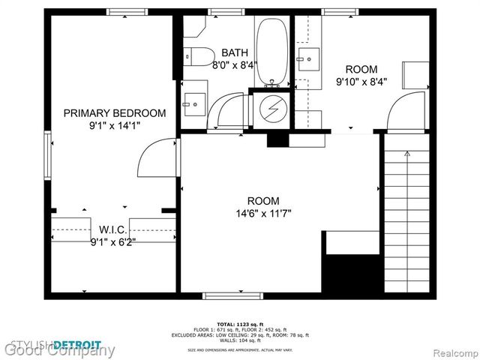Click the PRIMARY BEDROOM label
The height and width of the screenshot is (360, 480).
click(x=114, y=113)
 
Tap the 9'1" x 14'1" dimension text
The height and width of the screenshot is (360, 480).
click(x=114, y=126)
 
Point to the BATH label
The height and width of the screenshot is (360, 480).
click(x=235, y=52)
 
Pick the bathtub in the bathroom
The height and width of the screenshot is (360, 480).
click(x=269, y=52)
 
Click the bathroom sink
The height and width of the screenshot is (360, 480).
click(x=193, y=100)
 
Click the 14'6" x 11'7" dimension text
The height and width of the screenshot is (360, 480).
click(x=263, y=214)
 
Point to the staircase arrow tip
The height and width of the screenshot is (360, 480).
click(x=406, y=154)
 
